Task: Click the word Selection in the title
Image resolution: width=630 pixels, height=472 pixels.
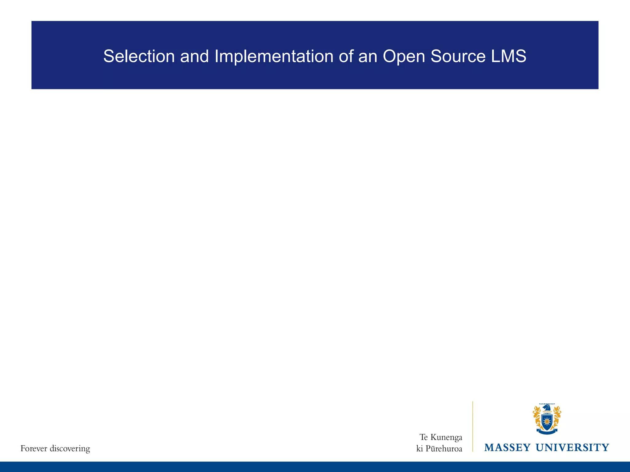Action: [x=139, y=57]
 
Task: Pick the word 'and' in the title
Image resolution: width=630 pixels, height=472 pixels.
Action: [x=194, y=57]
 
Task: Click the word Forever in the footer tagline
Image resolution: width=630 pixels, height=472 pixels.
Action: [x=34, y=449]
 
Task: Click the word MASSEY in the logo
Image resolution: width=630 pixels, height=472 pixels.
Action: [x=507, y=447]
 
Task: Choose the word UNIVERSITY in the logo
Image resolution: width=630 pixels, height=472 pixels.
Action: [x=572, y=447]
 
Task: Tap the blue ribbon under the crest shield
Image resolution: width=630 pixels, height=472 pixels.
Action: [x=547, y=432]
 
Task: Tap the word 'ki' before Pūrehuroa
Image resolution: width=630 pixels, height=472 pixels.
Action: [x=419, y=449]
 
